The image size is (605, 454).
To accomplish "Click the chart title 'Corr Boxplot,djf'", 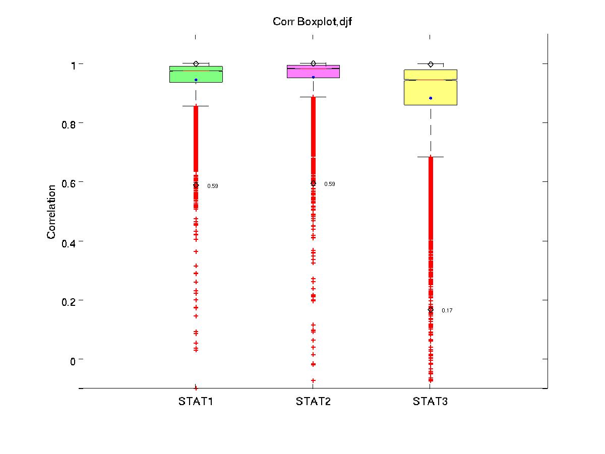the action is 312,22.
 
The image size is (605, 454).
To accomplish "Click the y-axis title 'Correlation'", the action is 51,212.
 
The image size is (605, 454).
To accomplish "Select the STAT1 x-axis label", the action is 196,402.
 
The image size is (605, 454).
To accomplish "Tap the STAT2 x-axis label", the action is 313,402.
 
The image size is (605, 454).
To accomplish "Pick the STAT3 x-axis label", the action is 430,402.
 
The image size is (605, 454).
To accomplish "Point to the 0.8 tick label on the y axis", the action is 69,125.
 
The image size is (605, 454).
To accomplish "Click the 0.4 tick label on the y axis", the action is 69,243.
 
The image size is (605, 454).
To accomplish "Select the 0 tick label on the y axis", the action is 73,361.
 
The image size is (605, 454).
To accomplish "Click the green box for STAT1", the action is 196,75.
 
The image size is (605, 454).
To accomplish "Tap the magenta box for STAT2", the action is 313,72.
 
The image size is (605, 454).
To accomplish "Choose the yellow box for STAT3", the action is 431,87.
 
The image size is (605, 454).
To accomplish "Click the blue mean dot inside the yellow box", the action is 431,98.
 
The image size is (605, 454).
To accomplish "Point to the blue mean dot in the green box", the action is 196,80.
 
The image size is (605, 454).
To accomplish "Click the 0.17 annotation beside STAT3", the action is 447,310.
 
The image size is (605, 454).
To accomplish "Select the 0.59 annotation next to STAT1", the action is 213,186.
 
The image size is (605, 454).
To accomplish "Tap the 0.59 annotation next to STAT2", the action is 329,184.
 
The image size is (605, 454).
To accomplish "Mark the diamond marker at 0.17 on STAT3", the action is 431,310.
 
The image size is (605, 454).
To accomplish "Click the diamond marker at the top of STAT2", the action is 313,63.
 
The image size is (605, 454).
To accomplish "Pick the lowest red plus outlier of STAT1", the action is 196,388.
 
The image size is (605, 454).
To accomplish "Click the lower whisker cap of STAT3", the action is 431,157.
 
